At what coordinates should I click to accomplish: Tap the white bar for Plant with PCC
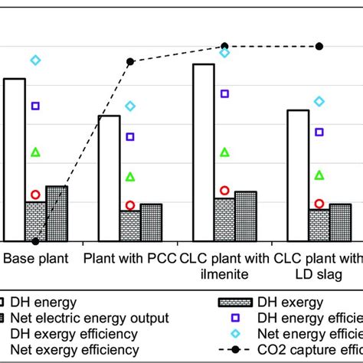[110, 178]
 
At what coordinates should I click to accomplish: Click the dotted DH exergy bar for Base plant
[35, 221]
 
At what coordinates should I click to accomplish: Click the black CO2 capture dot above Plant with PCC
[130, 61]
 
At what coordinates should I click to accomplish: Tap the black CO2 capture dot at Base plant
[35, 241]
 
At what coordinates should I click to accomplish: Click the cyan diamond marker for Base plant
[35, 60]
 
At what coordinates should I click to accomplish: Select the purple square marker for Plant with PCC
[130, 136]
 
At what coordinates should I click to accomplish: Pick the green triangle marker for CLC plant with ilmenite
[224, 152]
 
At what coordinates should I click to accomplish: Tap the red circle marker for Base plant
[35, 195]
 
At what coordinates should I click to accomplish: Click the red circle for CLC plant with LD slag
[319, 203]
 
